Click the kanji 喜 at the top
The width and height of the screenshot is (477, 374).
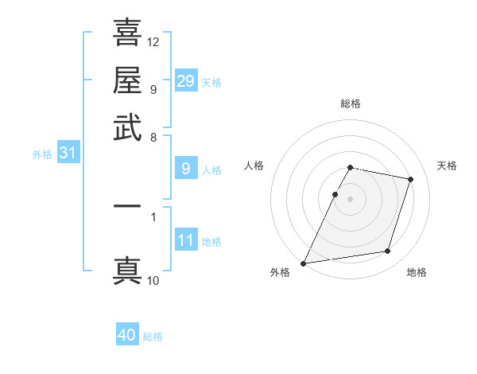pyautogui.click(x=127, y=33)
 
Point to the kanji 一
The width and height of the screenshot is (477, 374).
pyautogui.click(x=127, y=206)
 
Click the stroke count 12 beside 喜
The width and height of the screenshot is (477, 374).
pyautogui.click(x=153, y=41)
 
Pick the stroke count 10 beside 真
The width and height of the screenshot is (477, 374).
pyautogui.click(x=153, y=280)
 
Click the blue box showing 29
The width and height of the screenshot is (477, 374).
pyautogui.click(x=186, y=80)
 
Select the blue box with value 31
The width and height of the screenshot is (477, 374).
pyautogui.click(x=68, y=153)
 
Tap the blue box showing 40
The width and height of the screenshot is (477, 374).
pyautogui.click(x=127, y=335)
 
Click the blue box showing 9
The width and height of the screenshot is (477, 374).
pyautogui.click(x=186, y=168)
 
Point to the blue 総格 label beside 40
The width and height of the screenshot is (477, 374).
pyautogui.click(x=153, y=337)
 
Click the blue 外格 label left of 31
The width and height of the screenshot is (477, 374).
pyautogui.click(x=42, y=154)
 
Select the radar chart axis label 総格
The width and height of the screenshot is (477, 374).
pyautogui.click(x=351, y=104)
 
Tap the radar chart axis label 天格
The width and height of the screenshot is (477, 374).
pyautogui.click(x=448, y=166)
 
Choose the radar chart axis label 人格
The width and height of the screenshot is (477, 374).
pyautogui.click(x=254, y=166)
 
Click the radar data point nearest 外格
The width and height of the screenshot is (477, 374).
pyautogui.click(x=304, y=263)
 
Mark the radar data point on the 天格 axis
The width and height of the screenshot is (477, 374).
pyautogui.click(x=411, y=179)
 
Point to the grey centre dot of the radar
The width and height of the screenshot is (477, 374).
pyautogui.click(x=351, y=199)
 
